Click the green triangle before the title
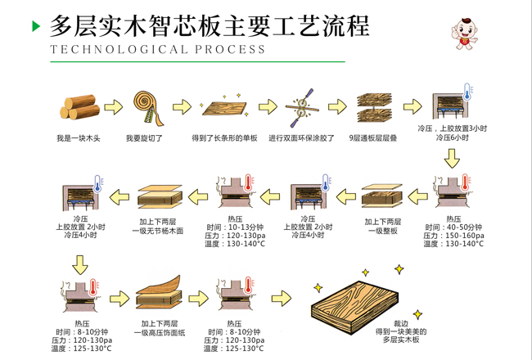[36, 26]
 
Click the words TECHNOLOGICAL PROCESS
[157, 49]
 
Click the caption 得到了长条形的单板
[224, 138]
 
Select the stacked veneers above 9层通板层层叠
[374, 107]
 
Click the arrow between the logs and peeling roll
[114, 107]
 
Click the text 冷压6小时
[452, 138]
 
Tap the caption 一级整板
[382, 231]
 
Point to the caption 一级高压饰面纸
[159, 332]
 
